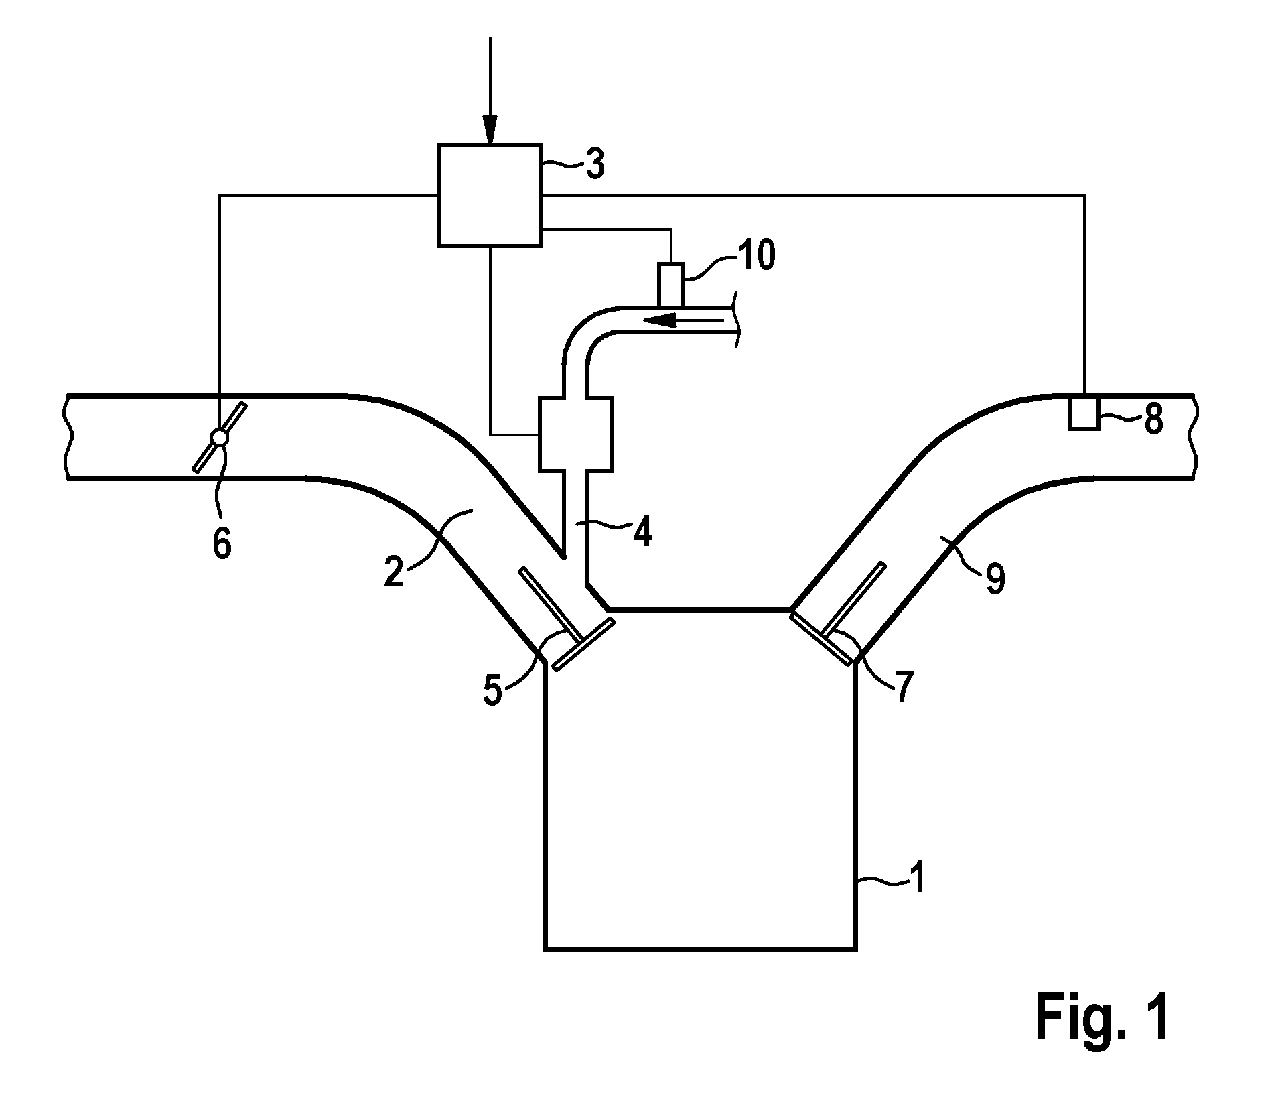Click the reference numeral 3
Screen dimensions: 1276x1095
594,163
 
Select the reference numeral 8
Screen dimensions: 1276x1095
1152,421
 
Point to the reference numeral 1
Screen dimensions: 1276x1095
918,878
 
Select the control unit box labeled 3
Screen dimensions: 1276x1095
490,195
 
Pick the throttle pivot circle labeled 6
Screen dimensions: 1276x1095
219,437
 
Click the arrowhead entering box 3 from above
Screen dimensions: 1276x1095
490,130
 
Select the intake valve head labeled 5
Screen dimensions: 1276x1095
583,643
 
